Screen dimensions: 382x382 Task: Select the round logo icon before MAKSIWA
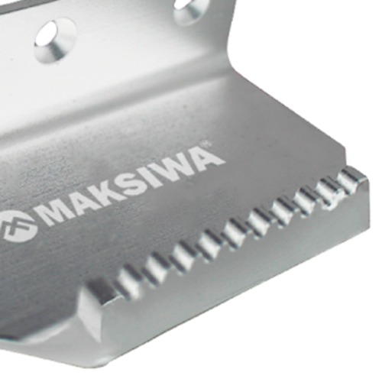(18, 227)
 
